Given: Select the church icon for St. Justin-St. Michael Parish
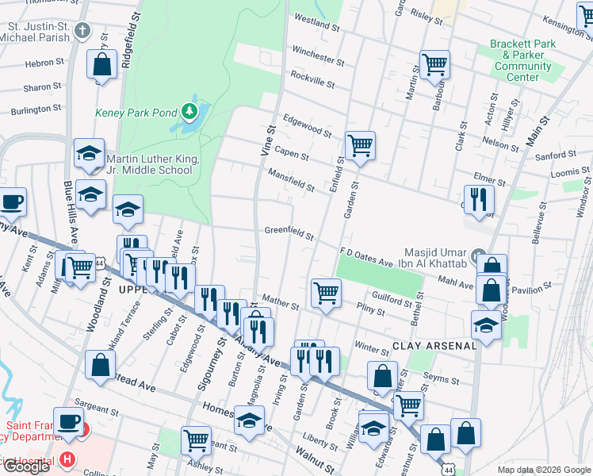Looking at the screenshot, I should click(x=82, y=32).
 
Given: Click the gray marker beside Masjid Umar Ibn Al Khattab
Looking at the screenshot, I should click(x=477, y=255).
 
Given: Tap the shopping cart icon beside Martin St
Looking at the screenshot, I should click(x=434, y=65).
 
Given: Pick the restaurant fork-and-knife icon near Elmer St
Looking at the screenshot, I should click(x=478, y=199).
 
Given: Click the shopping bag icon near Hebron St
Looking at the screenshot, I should click(x=101, y=66).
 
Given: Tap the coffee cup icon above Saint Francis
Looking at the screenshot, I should click(x=67, y=421).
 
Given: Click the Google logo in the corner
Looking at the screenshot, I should click(x=26, y=466).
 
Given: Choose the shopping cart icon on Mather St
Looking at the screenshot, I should click(x=325, y=293).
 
